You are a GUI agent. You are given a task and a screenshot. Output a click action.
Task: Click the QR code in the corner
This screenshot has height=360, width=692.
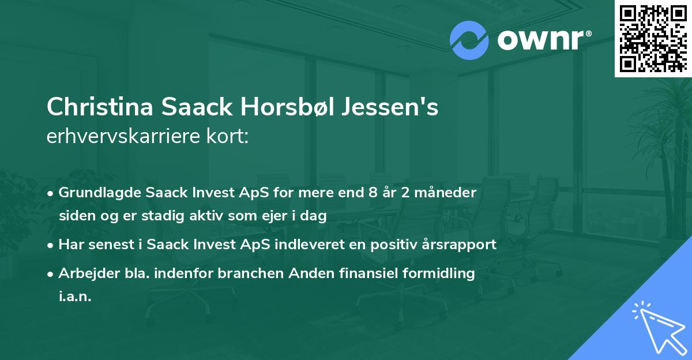click(653, 38)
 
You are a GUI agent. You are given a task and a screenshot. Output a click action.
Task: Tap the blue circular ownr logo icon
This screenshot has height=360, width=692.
click(469, 40)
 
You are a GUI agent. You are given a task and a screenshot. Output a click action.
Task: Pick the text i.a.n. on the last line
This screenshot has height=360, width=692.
click(75, 297)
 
